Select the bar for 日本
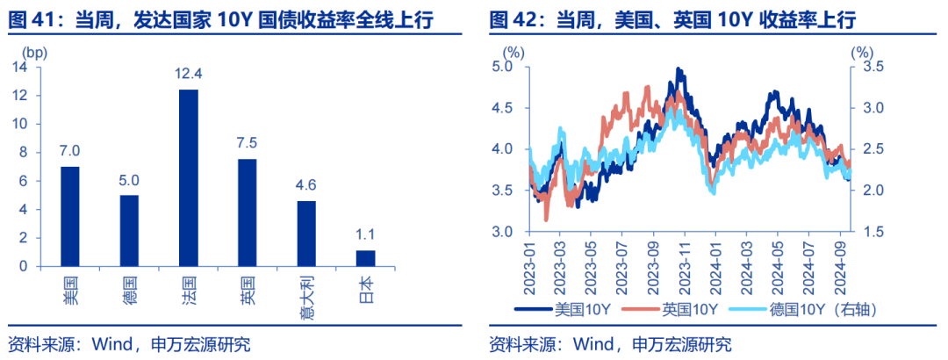coord(365,258)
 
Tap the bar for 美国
coord(70,216)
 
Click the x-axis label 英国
coord(248,289)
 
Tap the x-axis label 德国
coord(130,289)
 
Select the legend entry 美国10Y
coord(571,308)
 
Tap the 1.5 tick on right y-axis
coord(870,232)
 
